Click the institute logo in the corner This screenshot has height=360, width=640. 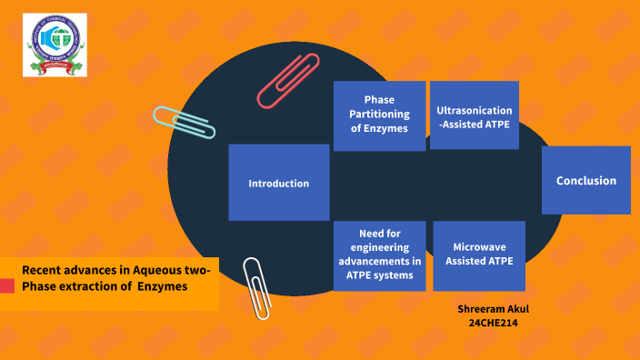pos(55,45)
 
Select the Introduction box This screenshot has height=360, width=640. pos(278,183)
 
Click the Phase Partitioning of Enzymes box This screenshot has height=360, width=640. pos(379,115)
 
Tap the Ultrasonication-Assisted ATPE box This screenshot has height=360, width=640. pos(475,115)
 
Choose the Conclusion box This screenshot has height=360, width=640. pos(585,181)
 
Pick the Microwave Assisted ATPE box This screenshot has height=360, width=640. pos(479,255)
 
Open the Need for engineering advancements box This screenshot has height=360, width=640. pos(379,255)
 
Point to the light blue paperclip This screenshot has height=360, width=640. pos(185,122)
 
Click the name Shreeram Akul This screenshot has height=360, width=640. pos(494,309)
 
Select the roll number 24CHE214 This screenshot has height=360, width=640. pos(493,323)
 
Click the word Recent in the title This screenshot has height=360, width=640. pos(41,270)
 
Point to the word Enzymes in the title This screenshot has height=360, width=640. pos(164,286)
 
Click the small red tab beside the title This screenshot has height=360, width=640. pos(7,286)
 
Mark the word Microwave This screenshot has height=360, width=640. pos(479,247)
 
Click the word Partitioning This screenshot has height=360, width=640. pos(379,115)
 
